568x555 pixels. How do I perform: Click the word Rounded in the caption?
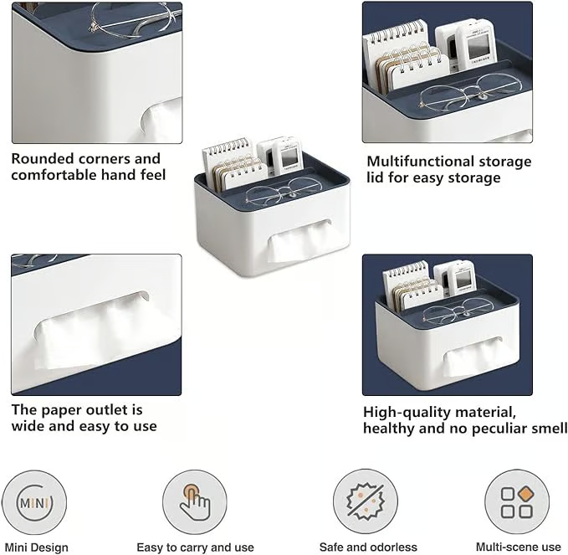pos(43,158)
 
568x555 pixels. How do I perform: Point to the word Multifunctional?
pos(421,162)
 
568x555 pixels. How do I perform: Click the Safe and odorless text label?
pos(368,547)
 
